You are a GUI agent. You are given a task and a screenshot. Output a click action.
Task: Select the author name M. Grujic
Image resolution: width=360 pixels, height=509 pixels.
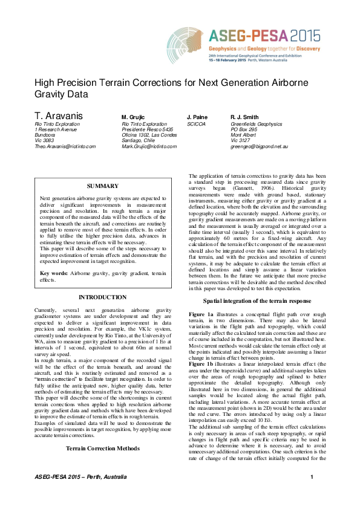coord(133,117)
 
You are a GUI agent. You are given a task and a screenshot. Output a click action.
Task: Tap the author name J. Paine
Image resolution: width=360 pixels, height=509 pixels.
coord(197,117)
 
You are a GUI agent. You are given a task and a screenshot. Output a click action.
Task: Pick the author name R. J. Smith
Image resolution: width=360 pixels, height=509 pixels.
coord(246,117)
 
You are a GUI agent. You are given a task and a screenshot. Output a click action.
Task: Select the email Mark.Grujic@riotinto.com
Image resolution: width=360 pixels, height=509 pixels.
coord(149,146)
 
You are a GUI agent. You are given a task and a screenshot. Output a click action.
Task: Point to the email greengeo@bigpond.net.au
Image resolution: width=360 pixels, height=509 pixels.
coord(259,146)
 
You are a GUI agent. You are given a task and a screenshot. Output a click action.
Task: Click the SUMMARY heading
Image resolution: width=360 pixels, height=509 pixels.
coord(103,186)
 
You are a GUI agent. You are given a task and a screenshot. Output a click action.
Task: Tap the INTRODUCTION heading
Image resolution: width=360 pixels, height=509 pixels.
coord(103,297)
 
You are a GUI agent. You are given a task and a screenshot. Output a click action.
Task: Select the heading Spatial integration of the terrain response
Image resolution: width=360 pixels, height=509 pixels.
coord(257,301)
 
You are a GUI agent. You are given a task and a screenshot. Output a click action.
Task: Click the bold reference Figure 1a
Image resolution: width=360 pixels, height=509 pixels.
coord(201,315)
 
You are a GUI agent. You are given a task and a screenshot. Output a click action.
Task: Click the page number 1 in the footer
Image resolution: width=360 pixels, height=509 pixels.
coord(312,496)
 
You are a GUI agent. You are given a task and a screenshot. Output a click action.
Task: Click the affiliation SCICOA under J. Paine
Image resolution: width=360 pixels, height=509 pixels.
coord(196,124)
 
